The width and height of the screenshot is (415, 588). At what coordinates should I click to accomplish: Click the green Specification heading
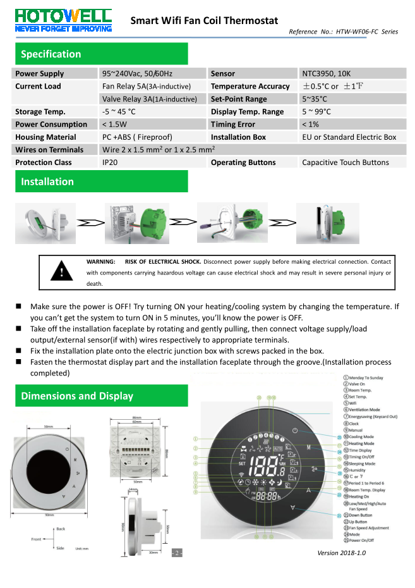pyautogui.click(x=51, y=54)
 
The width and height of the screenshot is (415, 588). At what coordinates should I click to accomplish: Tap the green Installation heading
pyautogui.click(x=47, y=181)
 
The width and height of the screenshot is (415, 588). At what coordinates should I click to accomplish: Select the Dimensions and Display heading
pyautogui.click(x=77, y=396)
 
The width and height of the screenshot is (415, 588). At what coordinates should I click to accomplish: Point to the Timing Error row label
pyautogui.click(x=233, y=125)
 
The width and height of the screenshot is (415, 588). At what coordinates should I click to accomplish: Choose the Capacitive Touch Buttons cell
pyautogui.click(x=345, y=162)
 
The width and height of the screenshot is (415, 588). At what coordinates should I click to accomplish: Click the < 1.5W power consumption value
pyautogui.click(x=114, y=125)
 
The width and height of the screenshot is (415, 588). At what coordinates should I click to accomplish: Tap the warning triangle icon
pyautogui.click(x=61, y=271)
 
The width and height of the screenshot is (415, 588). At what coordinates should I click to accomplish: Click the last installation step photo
pyautogui.click(x=318, y=223)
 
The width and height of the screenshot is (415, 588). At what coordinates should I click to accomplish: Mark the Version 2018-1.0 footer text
pyautogui.click(x=341, y=553)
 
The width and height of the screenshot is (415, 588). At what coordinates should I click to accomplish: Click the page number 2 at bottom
pyautogui.click(x=178, y=554)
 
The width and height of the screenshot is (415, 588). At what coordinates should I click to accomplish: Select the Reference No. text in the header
pyautogui.click(x=343, y=32)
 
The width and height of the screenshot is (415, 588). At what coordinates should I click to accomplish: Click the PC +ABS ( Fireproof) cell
pyautogui.click(x=136, y=137)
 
